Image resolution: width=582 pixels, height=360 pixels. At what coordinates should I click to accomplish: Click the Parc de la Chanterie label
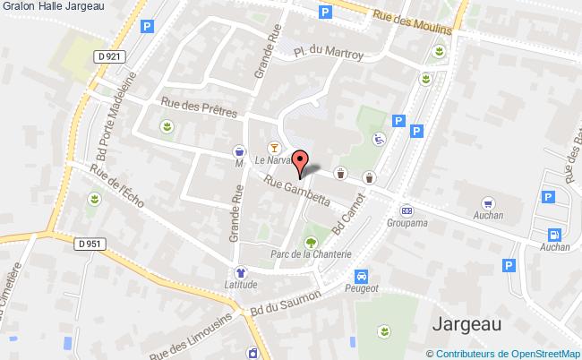(310, 253)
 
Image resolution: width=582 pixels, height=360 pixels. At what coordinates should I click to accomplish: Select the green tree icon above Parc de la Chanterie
(311, 240)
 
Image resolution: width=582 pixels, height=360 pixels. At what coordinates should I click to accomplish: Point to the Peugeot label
(362, 288)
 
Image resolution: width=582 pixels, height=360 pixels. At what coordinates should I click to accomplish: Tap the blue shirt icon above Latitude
(240, 272)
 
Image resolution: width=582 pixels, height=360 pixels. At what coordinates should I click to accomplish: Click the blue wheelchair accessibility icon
(380, 139)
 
